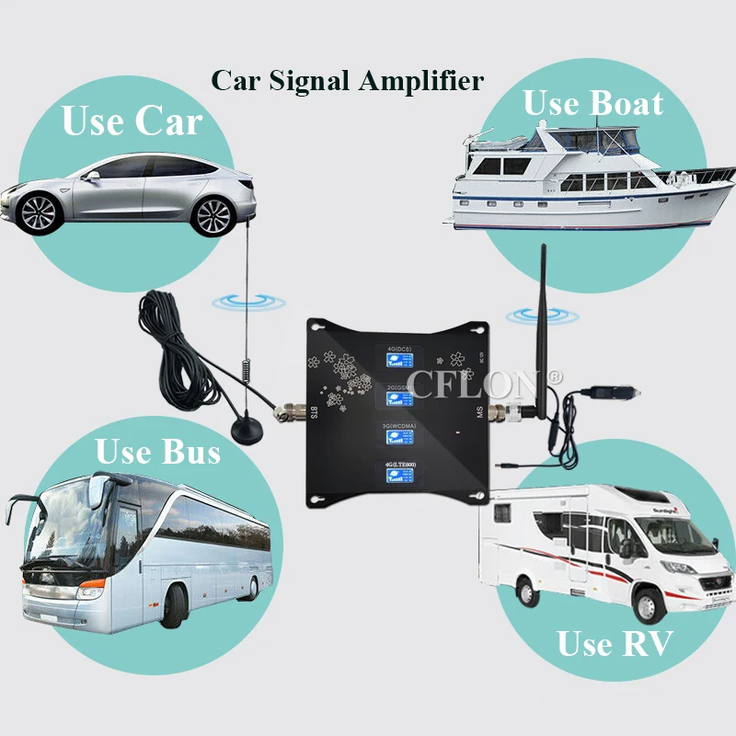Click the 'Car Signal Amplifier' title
click(348, 80)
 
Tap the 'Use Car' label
click(132, 121)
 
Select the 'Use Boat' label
click(592, 103)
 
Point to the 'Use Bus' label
click(158, 452)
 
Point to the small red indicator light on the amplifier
click(454, 430)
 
